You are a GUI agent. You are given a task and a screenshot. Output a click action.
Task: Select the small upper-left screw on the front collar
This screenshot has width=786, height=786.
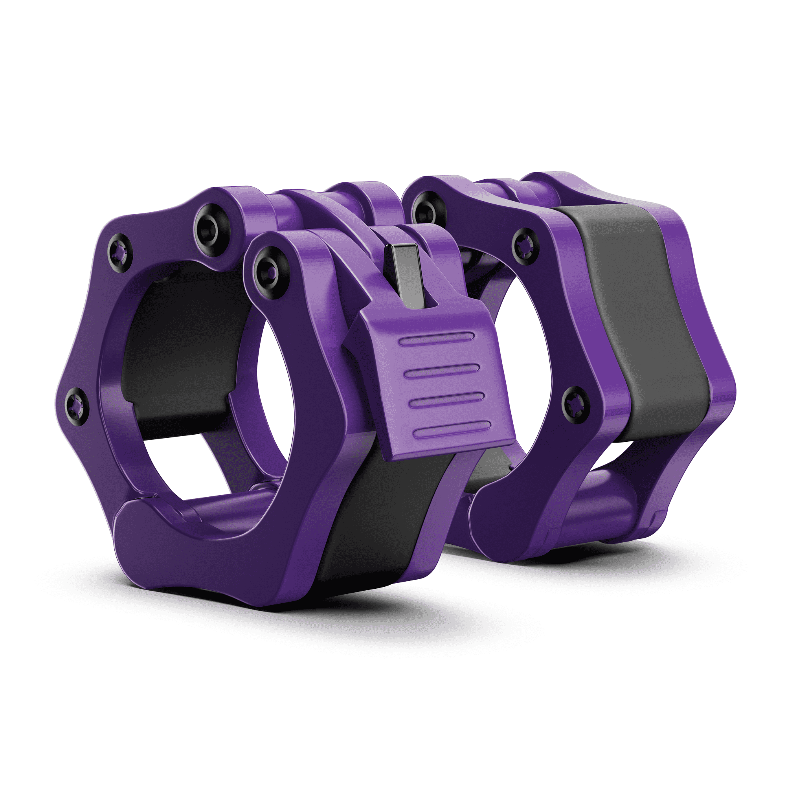120,253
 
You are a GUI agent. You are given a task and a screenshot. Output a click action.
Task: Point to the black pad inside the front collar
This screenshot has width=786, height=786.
183,350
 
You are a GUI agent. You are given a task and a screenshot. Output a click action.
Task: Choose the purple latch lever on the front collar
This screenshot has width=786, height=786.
431,382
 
